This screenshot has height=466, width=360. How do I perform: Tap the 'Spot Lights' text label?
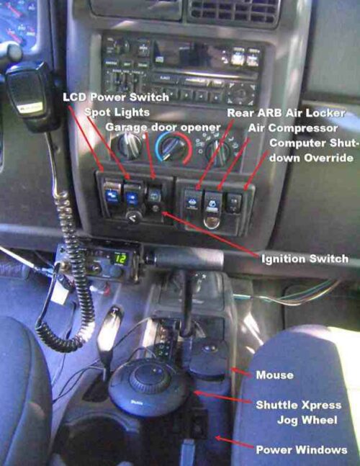[x=118, y=112]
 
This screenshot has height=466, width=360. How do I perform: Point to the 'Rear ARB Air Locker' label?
[x=286, y=112]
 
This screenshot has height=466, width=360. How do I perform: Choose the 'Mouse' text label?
[x=274, y=375]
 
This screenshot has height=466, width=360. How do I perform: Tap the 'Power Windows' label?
[x=302, y=449]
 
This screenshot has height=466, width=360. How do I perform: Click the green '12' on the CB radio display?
[x=121, y=258]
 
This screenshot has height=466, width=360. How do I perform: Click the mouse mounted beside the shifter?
[x=209, y=353]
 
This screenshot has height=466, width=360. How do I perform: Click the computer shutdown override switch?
[x=233, y=202]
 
